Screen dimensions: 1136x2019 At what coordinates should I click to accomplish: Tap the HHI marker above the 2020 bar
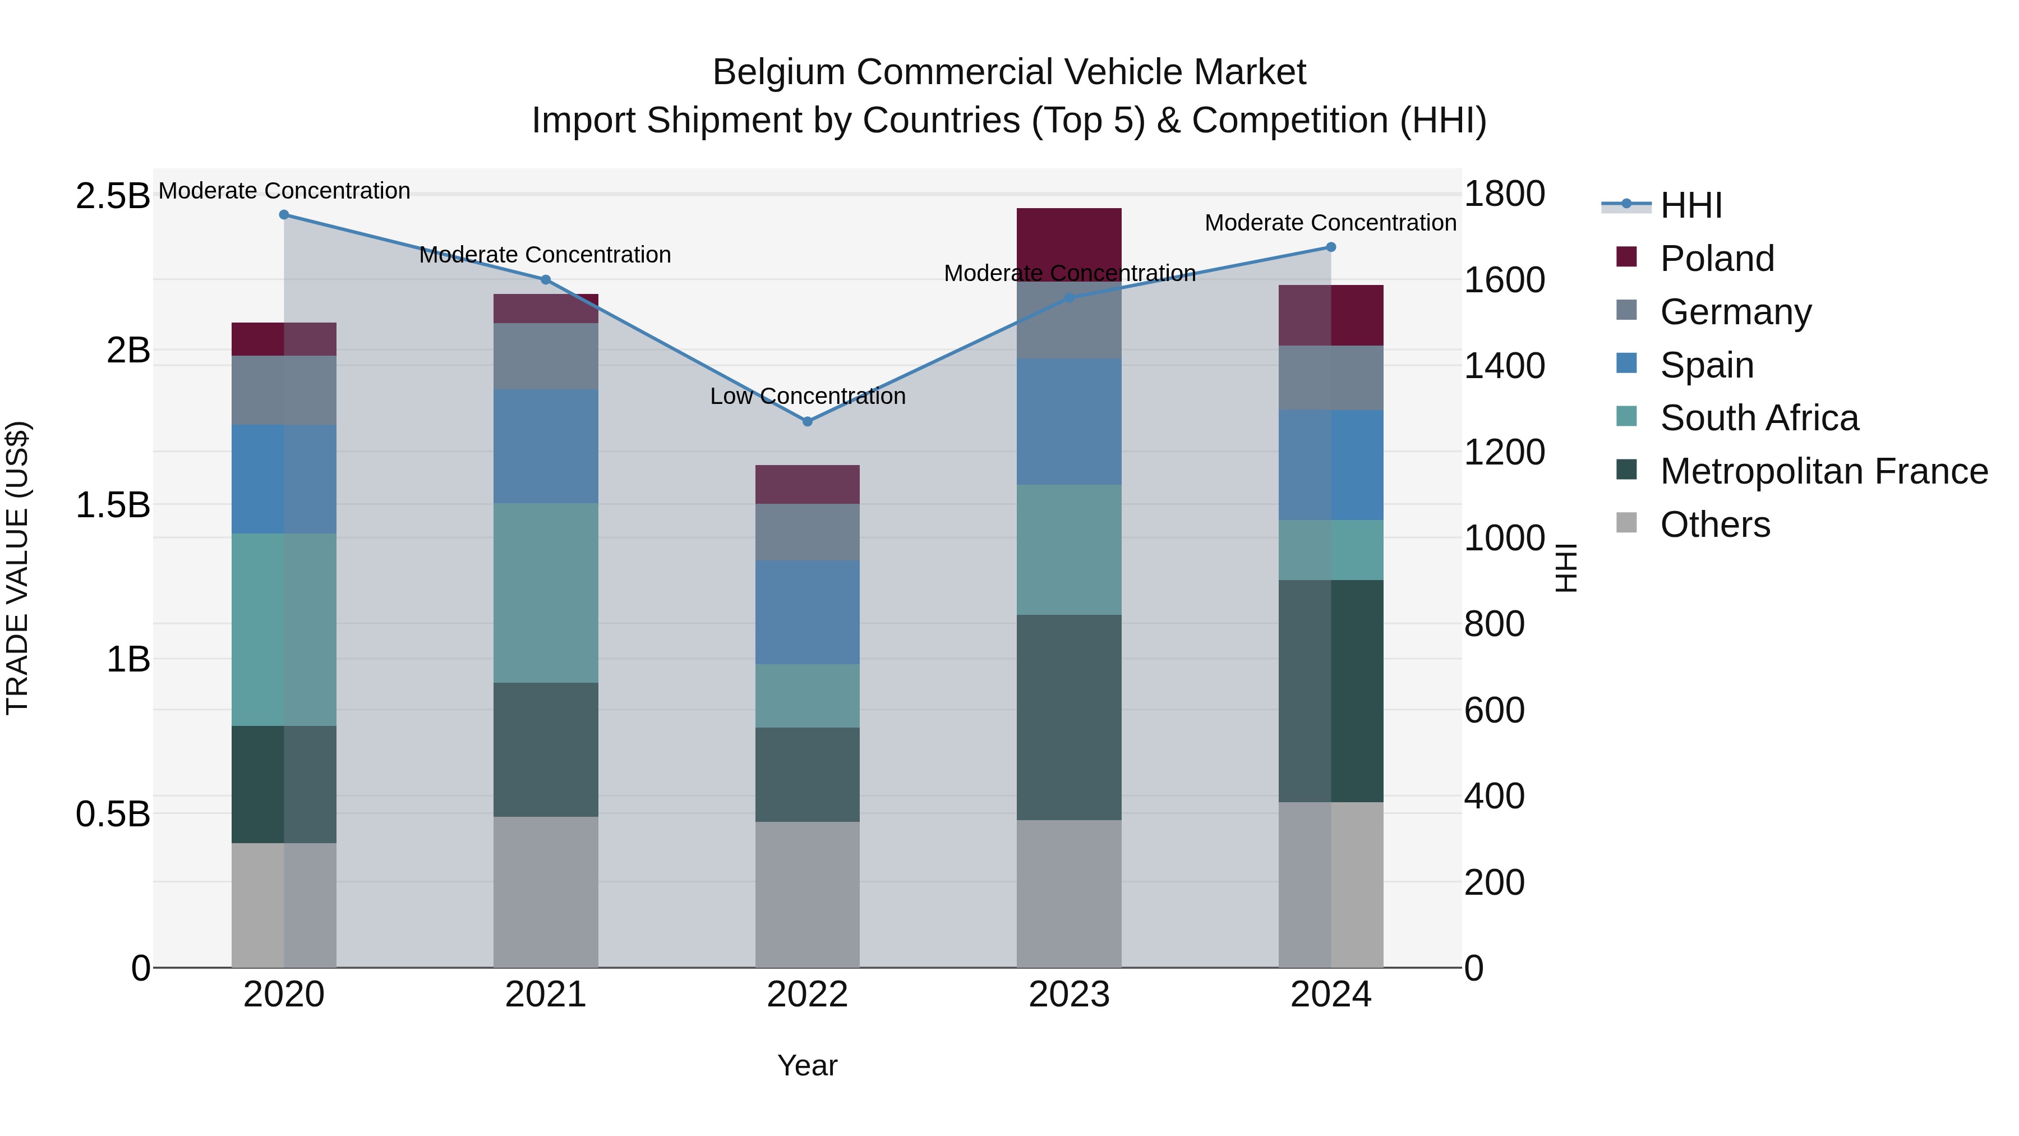click(x=284, y=215)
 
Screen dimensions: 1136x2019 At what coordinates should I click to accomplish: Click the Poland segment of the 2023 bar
click(x=1069, y=235)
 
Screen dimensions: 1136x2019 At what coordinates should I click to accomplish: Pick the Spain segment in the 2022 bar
click(x=807, y=612)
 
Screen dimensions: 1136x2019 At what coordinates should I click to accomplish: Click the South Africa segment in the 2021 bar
click(x=546, y=593)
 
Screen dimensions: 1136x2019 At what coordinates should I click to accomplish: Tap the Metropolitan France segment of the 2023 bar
click(x=1069, y=718)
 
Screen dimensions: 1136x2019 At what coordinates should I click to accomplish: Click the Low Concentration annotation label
click(x=807, y=397)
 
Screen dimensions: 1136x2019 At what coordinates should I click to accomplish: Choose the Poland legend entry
click(x=1717, y=259)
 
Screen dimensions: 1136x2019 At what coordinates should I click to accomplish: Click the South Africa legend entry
click(x=1759, y=418)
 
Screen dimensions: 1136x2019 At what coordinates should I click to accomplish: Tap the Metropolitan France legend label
click(x=1823, y=471)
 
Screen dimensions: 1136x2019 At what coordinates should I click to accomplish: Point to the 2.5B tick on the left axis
click(x=112, y=196)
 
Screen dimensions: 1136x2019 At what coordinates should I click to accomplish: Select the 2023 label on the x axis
click(x=1069, y=995)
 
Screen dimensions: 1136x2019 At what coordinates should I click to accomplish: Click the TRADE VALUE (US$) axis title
click(x=17, y=568)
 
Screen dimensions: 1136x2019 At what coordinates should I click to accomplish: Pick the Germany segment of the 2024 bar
click(x=1330, y=378)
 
